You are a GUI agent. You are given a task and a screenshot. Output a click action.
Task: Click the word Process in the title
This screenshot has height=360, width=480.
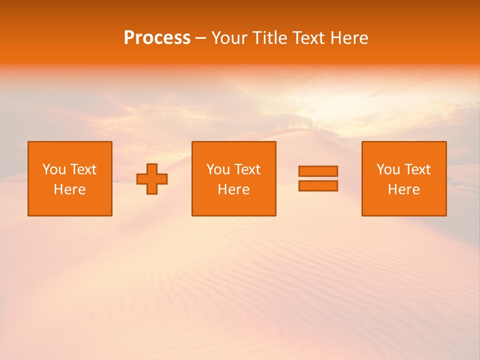[157, 38]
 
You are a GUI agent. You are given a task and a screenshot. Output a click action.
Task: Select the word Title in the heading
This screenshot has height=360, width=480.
[269, 38]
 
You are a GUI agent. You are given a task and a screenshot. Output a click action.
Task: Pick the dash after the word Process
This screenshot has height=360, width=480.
[200, 38]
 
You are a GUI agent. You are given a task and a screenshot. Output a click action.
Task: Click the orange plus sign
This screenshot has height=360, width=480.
[152, 179]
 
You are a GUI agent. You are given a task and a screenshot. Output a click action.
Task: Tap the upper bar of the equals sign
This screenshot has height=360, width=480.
[318, 171]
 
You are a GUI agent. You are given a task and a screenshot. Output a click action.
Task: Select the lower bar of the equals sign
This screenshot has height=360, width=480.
[318, 185]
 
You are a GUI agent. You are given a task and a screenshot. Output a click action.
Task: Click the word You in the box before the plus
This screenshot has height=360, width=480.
[54, 169]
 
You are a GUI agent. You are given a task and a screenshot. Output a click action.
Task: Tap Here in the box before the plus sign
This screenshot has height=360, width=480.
[69, 189]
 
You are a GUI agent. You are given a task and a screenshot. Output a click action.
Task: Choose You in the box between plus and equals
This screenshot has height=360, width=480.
[218, 169]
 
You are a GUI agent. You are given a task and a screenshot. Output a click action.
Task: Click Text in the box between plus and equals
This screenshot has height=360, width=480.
[246, 169]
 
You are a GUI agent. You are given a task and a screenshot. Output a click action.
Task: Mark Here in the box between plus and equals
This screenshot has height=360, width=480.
[233, 189]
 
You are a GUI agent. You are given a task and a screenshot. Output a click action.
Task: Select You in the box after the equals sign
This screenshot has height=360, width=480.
[388, 169]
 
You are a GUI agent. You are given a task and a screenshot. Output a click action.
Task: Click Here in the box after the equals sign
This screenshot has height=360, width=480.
[403, 189]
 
